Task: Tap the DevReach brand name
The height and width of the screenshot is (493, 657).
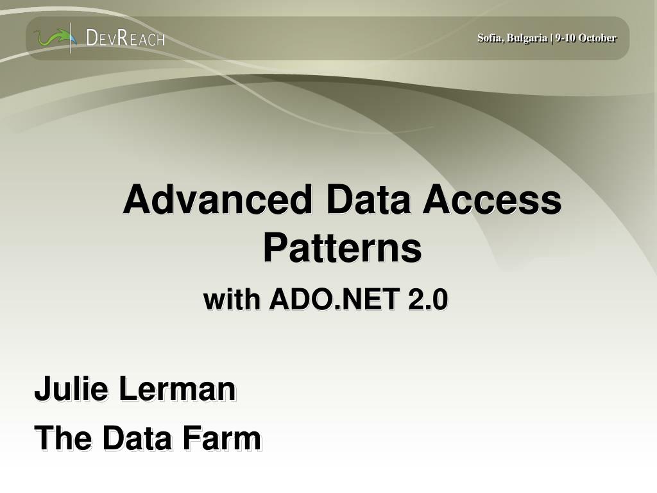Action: [126, 39]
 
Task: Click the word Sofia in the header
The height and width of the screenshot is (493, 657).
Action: [489, 38]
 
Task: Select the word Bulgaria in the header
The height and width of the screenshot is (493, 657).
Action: [526, 38]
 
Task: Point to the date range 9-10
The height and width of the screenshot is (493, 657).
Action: [565, 38]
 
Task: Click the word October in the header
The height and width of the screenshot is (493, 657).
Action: [597, 38]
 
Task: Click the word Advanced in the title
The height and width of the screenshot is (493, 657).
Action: [219, 200]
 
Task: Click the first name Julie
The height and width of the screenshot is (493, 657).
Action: [71, 389]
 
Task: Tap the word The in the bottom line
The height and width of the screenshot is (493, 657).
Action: [62, 439]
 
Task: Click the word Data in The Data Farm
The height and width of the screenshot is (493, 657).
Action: [137, 439]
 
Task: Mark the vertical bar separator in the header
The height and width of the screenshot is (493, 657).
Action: [552, 38]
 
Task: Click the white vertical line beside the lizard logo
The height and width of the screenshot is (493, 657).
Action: [71, 38]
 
